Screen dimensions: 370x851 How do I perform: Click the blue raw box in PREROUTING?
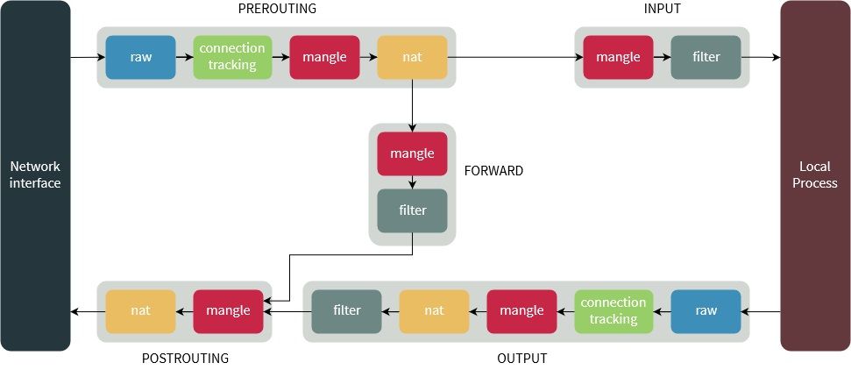click(x=140, y=57)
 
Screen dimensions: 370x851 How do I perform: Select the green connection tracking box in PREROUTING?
click(x=232, y=57)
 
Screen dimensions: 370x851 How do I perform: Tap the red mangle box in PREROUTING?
click(x=324, y=57)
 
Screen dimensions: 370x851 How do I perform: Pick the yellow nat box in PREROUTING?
click(x=412, y=57)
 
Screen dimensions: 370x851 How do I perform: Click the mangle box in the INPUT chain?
click(x=618, y=57)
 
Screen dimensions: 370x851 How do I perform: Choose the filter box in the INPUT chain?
click(x=706, y=57)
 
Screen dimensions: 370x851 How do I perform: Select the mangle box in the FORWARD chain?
click(x=412, y=153)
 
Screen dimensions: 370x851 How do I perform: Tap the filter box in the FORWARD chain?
click(x=412, y=210)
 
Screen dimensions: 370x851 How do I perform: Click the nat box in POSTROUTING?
click(x=140, y=311)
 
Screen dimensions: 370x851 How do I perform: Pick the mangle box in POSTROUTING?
click(x=228, y=311)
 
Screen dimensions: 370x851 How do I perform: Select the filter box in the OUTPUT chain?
click(x=347, y=311)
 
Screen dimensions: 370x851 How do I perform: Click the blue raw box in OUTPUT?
click(x=706, y=311)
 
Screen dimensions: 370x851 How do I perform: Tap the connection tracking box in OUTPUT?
click(x=613, y=311)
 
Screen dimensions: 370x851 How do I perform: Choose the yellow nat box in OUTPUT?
click(x=434, y=311)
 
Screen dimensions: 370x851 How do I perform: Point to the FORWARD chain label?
click(x=493, y=171)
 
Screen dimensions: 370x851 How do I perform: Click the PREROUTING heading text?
click(x=277, y=9)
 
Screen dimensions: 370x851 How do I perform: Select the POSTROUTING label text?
click(x=185, y=359)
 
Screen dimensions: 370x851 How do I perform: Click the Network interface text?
click(x=35, y=174)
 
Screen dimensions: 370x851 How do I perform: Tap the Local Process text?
click(x=814, y=174)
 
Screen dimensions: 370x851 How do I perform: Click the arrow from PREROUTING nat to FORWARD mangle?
click(x=412, y=105)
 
